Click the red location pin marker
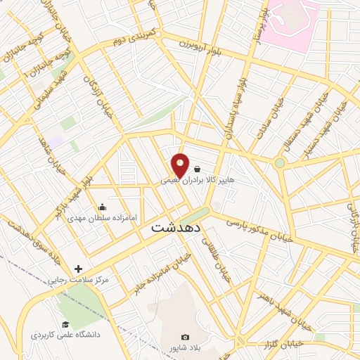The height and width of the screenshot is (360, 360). (181, 165)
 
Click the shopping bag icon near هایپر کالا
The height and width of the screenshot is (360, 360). (197, 169)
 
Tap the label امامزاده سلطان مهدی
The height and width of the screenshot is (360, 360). (99, 218)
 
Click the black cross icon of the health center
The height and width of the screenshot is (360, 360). (78, 269)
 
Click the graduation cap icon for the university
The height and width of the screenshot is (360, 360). (65, 324)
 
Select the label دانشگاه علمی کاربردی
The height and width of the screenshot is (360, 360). (65, 335)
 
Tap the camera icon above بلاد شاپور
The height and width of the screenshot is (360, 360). (186, 337)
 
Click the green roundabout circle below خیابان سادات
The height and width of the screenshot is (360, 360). (281, 163)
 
